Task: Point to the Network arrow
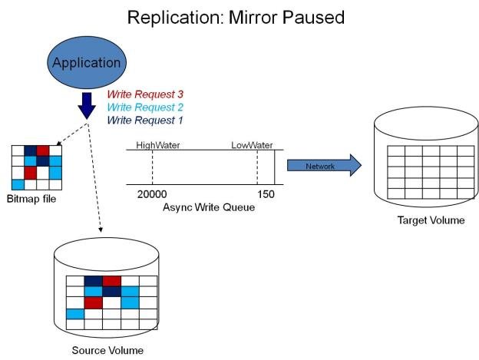tap(323, 166)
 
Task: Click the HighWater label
tap(157, 144)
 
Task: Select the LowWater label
tap(253, 144)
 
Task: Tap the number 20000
tap(151, 195)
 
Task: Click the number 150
tap(266, 195)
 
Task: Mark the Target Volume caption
tap(431, 220)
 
